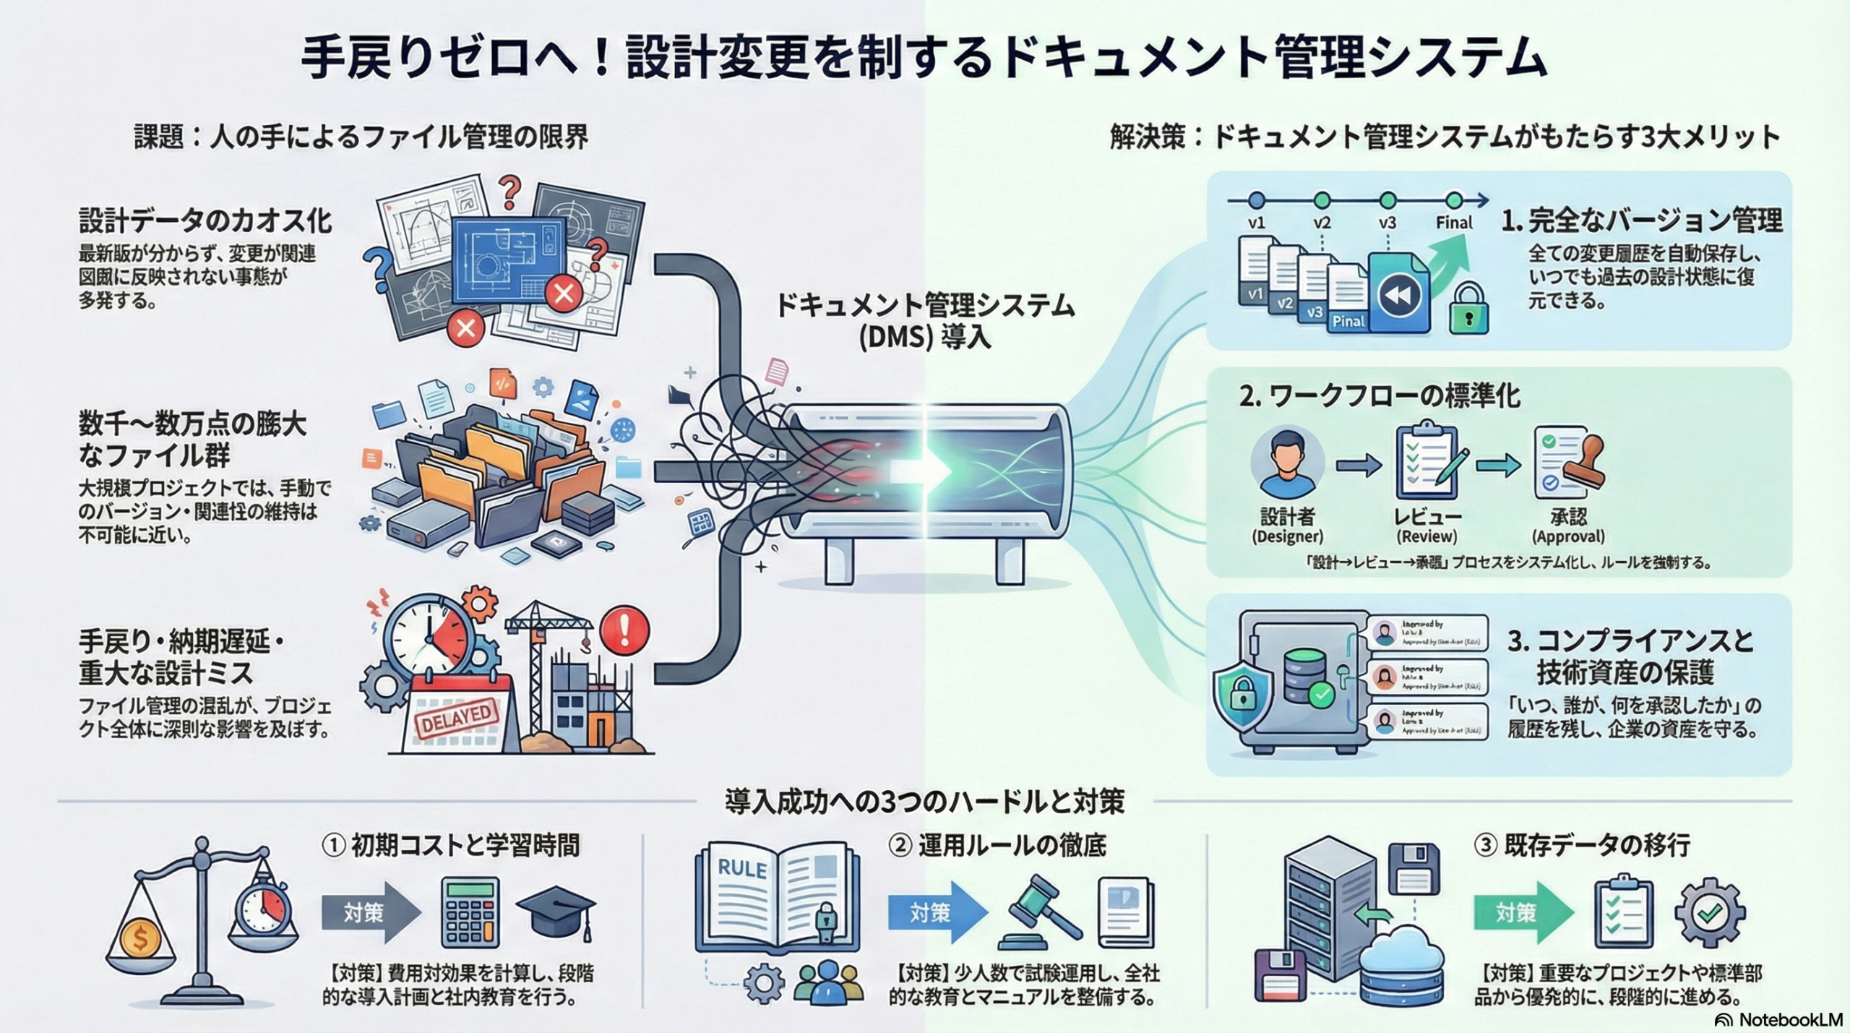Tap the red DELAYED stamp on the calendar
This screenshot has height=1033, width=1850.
point(456,718)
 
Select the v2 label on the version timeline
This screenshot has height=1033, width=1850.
point(1322,223)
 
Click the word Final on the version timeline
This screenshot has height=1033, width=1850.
point(1454,223)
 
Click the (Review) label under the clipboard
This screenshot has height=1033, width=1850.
point(1427,536)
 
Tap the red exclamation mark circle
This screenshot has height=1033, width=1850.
point(624,630)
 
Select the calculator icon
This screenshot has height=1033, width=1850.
point(470,912)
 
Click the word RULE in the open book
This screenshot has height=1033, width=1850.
point(742,868)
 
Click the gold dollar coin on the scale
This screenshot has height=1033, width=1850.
point(140,939)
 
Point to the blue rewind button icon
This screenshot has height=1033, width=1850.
point(1399,295)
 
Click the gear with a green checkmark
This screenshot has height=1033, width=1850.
point(1710,912)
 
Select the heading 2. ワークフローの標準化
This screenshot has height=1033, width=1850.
point(1380,396)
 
